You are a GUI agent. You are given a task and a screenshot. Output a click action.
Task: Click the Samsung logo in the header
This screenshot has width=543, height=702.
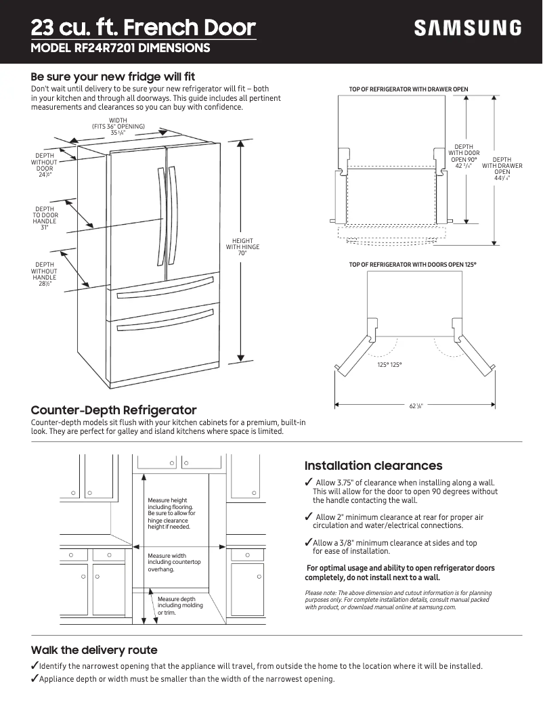coord(468,28)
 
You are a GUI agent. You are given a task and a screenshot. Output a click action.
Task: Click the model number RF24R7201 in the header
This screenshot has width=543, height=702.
coord(143,48)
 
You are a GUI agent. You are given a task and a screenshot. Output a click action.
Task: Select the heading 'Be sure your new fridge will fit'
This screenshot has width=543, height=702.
coord(113,76)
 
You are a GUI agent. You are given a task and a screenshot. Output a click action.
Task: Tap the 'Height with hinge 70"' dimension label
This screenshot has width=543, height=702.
coord(242,247)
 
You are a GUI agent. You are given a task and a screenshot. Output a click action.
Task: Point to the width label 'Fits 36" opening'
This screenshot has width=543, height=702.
coord(118,127)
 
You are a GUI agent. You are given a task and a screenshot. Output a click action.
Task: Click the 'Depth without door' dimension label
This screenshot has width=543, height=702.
coord(45,165)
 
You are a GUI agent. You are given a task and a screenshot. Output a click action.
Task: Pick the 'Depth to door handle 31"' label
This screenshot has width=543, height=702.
coord(45,219)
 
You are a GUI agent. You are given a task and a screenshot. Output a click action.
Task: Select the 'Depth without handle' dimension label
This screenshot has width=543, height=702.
coord(45,274)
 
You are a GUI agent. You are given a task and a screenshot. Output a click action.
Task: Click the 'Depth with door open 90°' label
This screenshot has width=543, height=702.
coord(464,156)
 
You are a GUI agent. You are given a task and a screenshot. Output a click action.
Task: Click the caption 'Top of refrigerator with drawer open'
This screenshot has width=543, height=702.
coord(408,89)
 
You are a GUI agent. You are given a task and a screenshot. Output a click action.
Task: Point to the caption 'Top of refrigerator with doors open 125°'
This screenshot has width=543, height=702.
coord(413,264)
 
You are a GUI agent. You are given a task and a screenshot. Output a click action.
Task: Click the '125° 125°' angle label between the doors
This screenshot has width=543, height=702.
coord(389,365)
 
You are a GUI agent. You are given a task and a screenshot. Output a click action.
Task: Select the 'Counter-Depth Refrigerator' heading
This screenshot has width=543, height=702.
coord(114,410)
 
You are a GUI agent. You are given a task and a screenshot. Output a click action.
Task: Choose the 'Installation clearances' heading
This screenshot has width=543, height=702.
coord(373,466)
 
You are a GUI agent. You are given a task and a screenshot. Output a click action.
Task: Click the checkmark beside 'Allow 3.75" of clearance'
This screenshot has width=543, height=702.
coord(308,482)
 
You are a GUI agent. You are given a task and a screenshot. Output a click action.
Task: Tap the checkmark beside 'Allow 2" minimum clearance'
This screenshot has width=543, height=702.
coord(308,517)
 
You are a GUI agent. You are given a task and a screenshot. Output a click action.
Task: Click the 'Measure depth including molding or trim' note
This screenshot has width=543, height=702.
coord(176,606)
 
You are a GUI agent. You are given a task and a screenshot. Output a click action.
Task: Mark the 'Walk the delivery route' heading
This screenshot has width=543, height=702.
coord(94,650)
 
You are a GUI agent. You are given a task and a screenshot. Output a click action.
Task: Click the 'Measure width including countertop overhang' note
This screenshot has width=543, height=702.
coord(174,563)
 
